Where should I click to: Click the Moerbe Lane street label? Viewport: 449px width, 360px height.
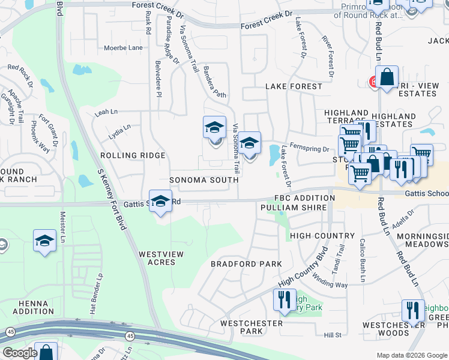click(x=123, y=47)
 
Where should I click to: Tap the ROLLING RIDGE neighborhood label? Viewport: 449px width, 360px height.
click(x=133, y=155)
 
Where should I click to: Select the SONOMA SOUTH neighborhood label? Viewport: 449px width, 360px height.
click(x=204, y=180)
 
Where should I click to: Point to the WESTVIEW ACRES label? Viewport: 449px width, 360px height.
click(x=161, y=259)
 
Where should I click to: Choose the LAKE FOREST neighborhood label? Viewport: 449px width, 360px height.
click(x=294, y=86)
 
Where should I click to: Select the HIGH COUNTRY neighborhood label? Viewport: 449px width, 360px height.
click(x=322, y=236)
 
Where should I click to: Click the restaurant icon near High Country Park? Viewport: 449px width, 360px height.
click(x=284, y=299)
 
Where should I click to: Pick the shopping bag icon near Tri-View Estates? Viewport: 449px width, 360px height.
click(x=388, y=77)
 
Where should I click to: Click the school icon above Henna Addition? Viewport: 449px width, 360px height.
click(x=44, y=241)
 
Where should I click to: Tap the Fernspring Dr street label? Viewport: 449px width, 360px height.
click(x=310, y=149)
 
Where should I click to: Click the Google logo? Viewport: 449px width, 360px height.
click(x=20, y=353)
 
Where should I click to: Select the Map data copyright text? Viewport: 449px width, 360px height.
click(x=411, y=355)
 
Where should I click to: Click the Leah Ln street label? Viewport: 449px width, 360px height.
click(x=106, y=112)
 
